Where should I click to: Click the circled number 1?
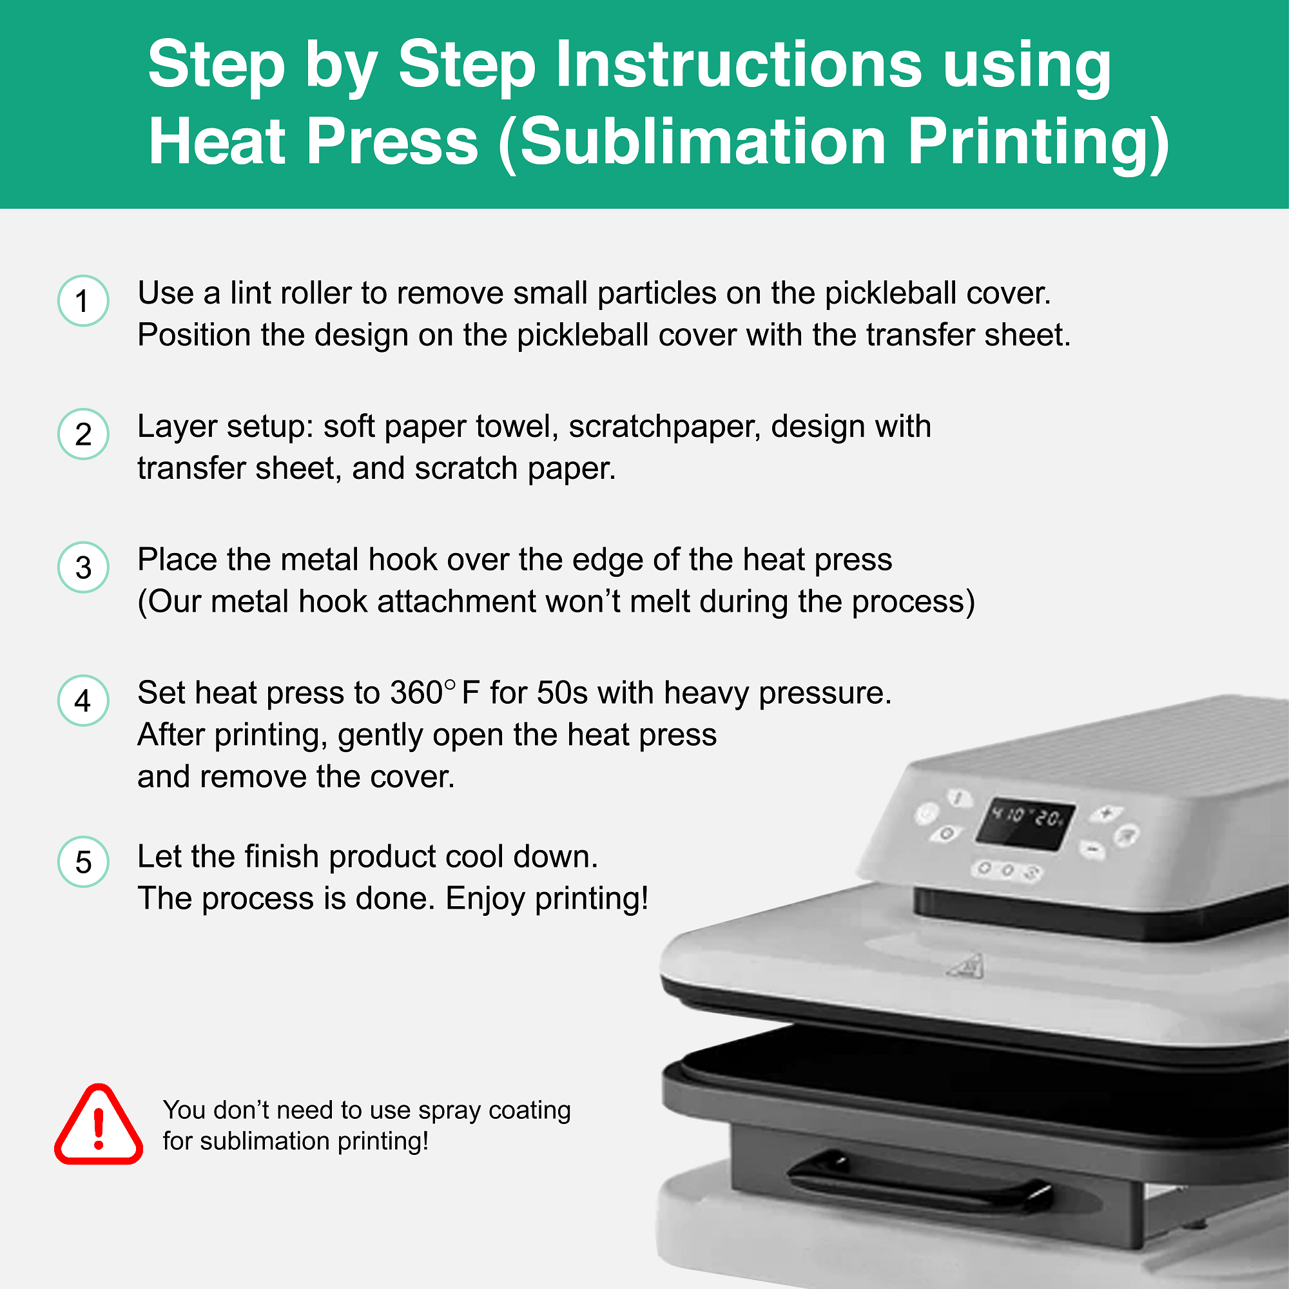coord(83,301)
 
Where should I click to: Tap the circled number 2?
coord(83,434)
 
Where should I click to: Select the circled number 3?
coord(83,568)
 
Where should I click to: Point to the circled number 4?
coord(83,701)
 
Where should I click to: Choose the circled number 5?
coord(83,862)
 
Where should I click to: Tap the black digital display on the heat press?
coord(1025,823)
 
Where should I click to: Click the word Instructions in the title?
coord(739,64)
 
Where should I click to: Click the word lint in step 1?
coord(249,293)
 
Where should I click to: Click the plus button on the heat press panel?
coord(1105,813)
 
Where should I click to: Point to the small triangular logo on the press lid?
coord(965,966)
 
